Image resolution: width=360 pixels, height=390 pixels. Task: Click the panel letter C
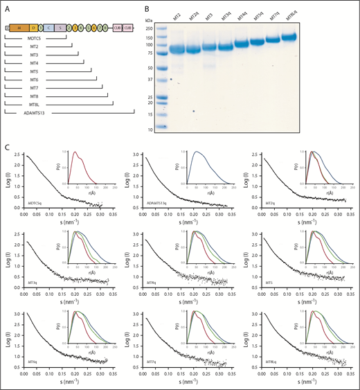click(6, 148)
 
